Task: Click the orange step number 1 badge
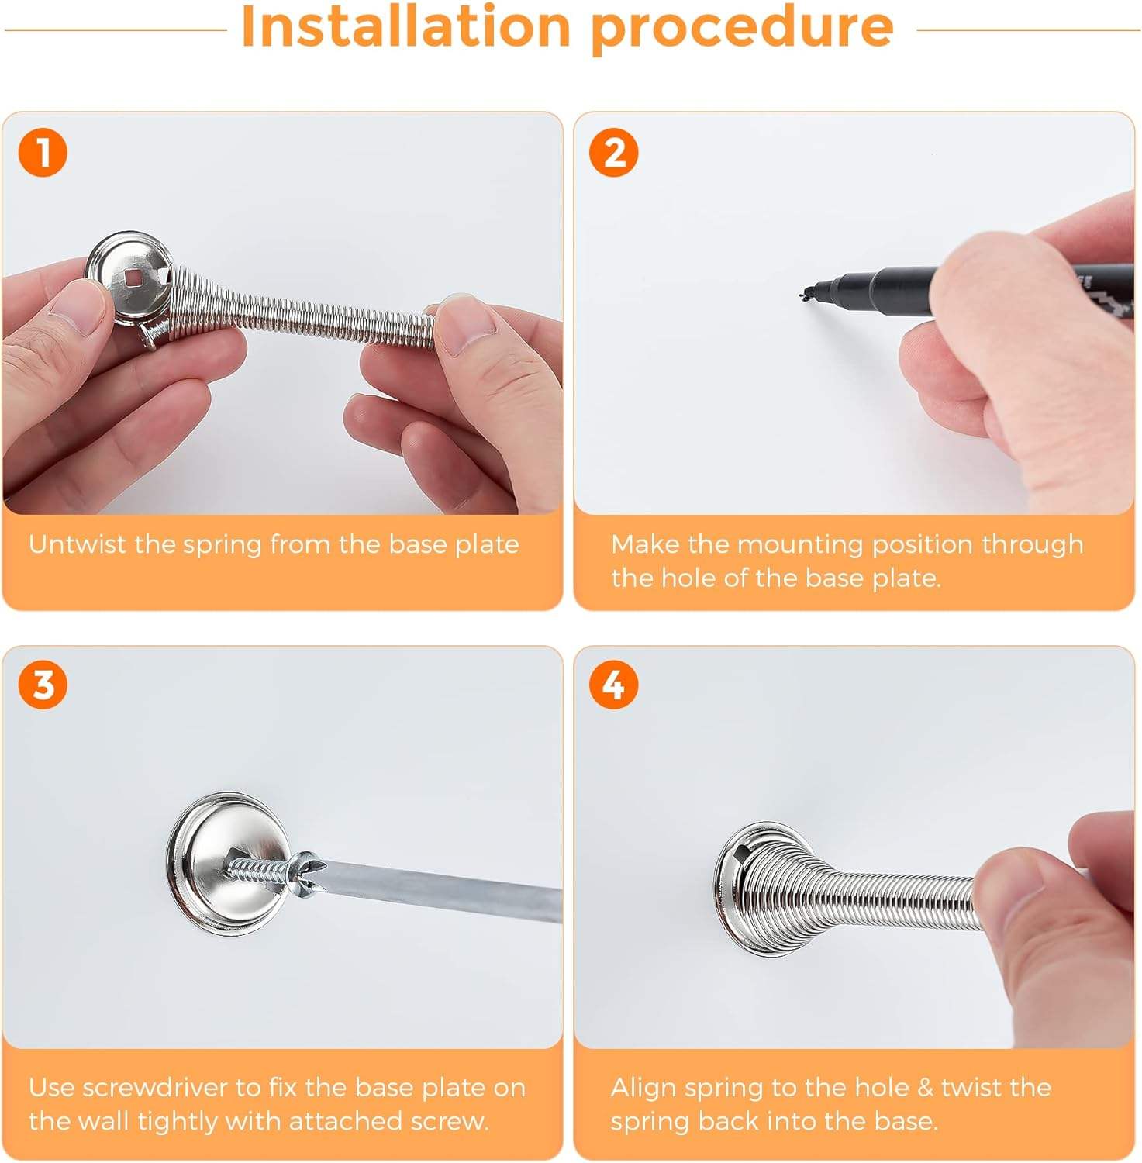coord(43,153)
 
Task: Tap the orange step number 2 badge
coord(614,153)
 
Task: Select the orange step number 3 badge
coord(43,685)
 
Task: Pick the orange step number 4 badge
coord(614,685)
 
